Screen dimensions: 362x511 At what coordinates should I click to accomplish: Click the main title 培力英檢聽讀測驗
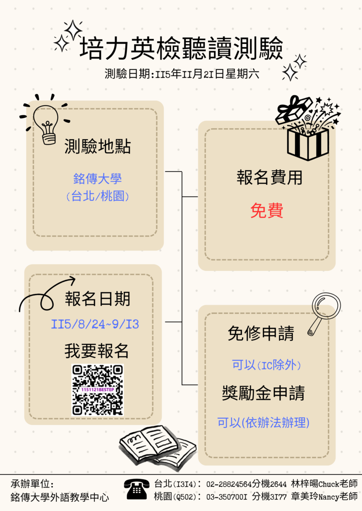181,48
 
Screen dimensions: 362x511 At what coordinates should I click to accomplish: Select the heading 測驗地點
97,146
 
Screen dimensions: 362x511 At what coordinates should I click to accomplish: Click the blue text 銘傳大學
97,179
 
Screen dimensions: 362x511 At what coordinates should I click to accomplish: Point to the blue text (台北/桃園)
97,196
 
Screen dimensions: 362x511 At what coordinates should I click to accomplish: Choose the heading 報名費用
270,178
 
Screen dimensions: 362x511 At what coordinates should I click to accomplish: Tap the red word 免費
267,210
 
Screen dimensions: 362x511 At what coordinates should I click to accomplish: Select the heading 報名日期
97,299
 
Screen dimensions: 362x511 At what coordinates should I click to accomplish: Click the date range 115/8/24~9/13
95,324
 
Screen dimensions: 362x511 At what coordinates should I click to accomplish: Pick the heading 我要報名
97,351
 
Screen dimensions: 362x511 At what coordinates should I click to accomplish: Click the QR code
97,390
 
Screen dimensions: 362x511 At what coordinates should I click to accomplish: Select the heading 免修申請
261,334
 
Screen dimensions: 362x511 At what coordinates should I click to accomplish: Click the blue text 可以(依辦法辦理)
263,422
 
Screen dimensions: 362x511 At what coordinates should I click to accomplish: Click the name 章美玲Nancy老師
324,497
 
